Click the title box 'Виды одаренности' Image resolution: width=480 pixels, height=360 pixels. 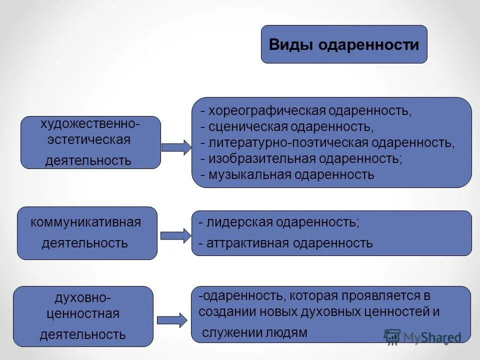pos(344,44)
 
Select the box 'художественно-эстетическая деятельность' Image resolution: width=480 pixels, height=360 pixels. pos(90,142)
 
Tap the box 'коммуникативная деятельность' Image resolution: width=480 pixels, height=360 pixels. pos(87,233)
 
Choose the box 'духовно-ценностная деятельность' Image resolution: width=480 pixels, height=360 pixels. pos(83,316)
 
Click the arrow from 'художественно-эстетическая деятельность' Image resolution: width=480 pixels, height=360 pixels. pos(176,147)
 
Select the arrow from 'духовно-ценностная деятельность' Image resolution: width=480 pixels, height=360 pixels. pos(172,320)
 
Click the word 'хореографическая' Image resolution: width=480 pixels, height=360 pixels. pos(267,110)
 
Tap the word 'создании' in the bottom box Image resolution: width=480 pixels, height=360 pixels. pos(220,311)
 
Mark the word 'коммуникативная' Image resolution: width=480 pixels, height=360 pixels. pos(86,222)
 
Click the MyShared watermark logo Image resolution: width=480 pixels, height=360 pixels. pos(422,336)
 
